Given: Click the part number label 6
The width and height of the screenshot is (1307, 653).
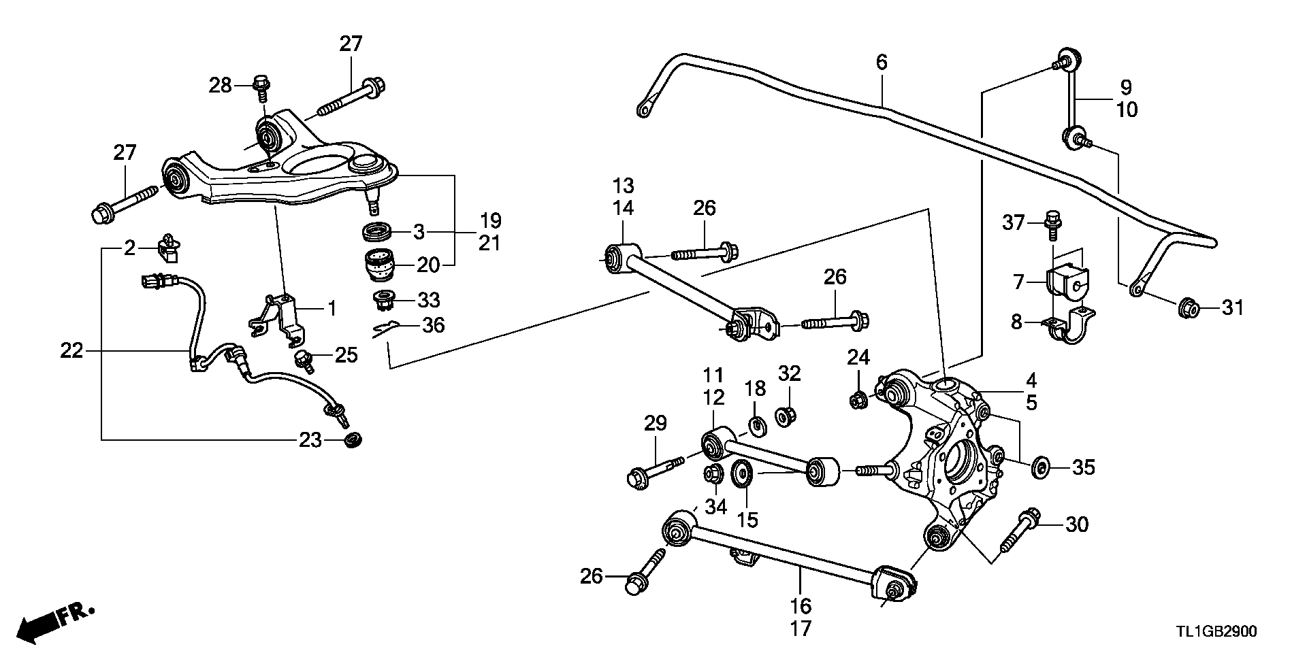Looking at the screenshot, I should click(882, 63).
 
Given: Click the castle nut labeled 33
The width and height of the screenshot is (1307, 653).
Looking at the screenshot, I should click(385, 299).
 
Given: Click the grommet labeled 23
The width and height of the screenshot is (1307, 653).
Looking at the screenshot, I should click(353, 440).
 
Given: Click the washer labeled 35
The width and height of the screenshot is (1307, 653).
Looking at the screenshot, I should click(1041, 467).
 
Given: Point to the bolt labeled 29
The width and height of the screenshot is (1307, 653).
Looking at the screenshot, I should click(653, 471).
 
